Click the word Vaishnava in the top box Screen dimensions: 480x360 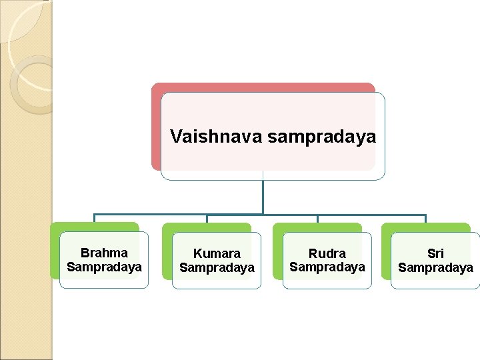click(x=216, y=137)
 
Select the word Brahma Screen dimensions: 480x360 click(x=104, y=253)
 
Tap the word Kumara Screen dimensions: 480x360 click(x=217, y=254)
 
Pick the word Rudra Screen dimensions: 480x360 click(x=327, y=254)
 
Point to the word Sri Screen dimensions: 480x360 click(x=435, y=254)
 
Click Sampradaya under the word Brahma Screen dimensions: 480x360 click(x=104, y=267)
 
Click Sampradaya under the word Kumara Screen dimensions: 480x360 click(x=217, y=267)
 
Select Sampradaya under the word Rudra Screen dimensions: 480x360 click(x=327, y=267)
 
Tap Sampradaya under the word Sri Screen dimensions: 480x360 click(x=435, y=267)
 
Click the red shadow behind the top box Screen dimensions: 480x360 click(x=155, y=127)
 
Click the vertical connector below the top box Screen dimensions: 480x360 click(x=263, y=197)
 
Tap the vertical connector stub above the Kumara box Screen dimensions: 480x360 click(x=207, y=219)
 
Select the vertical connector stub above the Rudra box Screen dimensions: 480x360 click(x=317, y=219)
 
